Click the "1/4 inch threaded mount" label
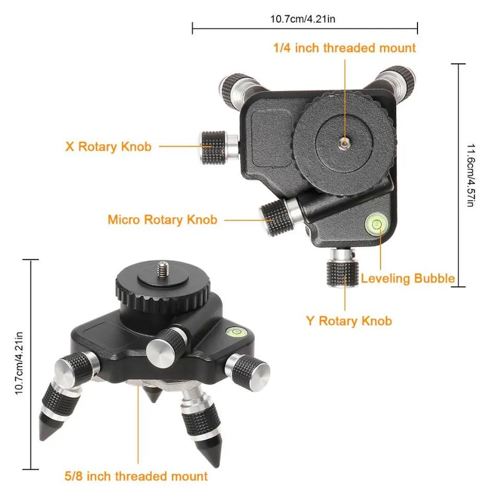pos(344,48)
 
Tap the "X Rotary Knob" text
pos(108,147)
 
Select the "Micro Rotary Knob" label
pos(163,220)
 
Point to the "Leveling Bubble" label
pos(408,278)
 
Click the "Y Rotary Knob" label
pos(349,321)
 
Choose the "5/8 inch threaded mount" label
pos(136,476)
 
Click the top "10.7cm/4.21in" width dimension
pos(303,19)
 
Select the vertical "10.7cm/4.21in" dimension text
pos(19,363)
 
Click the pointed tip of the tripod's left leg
pos(42,438)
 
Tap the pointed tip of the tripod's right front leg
pos(217,465)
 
